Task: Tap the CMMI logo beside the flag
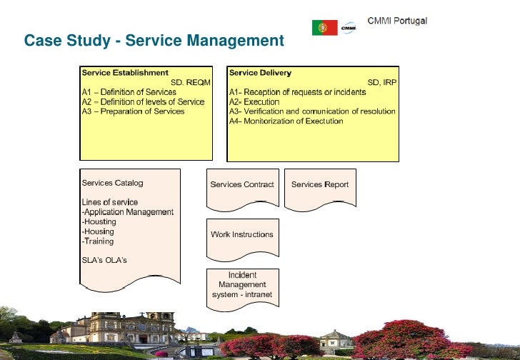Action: tap(349, 27)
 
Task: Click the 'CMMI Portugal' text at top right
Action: tap(397, 21)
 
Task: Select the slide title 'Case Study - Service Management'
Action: tap(154, 41)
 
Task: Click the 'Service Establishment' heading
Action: tap(125, 72)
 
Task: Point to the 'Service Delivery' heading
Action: tap(260, 72)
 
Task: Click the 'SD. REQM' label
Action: tap(191, 82)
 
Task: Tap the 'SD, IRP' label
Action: tap(381, 82)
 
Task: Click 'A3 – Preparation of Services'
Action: tap(133, 111)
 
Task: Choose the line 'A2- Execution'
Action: tap(254, 102)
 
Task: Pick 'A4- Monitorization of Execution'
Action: tap(286, 121)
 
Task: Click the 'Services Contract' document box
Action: tap(242, 185)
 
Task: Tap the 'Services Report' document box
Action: tap(320, 185)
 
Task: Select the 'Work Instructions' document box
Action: tap(242, 235)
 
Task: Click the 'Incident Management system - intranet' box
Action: tap(242, 285)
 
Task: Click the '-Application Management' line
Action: tap(128, 212)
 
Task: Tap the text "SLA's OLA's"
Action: tap(104, 260)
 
